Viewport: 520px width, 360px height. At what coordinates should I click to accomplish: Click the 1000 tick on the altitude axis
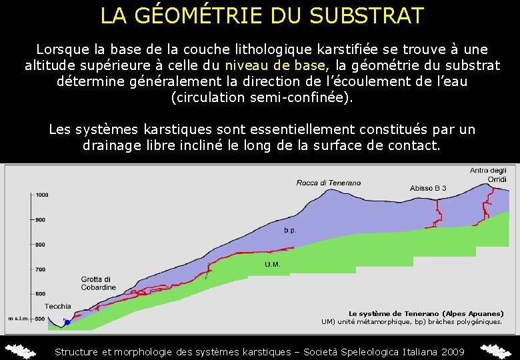click(42, 195)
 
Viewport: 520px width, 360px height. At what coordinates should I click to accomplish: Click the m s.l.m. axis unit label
click(17, 319)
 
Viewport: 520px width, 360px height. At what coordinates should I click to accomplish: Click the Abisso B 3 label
click(429, 188)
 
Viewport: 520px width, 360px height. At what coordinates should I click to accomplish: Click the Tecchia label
click(58, 307)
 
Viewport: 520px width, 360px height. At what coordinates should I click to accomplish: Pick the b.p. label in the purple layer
click(290, 230)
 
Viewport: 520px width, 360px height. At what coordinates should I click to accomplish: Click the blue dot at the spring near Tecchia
click(67, 323)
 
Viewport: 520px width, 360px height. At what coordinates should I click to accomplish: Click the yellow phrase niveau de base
click(276, 66)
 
